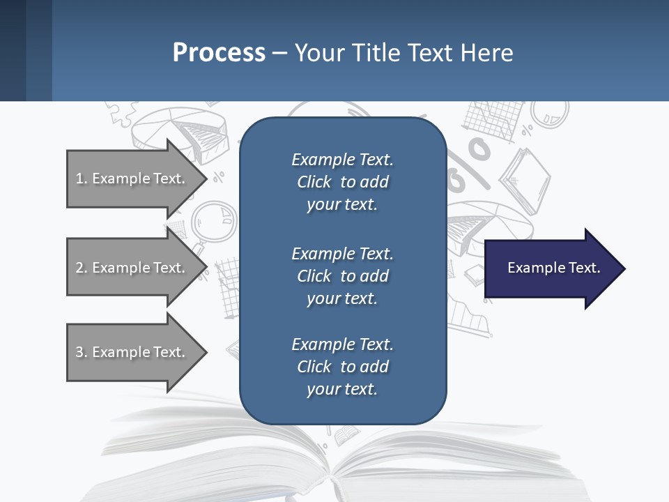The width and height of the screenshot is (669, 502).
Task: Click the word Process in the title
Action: [x=219, y=53]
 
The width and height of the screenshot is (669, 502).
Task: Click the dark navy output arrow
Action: [x=551, y=268]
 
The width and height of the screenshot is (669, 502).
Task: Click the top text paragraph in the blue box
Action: [x=342, y=182]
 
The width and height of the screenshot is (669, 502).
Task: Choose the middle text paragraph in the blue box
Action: [x=342, y=276]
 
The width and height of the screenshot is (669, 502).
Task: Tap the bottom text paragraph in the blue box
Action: [x=342, y=367]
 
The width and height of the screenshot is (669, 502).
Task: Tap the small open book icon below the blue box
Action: [x=346, y=436]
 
